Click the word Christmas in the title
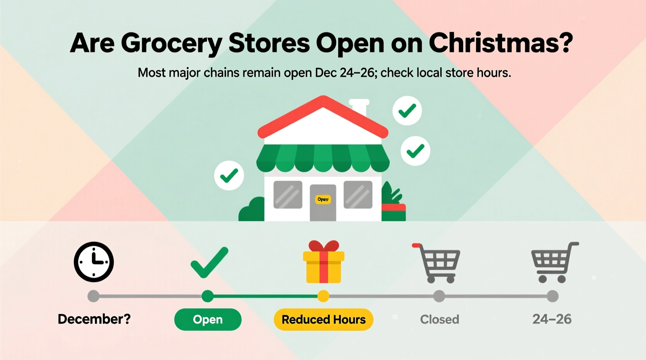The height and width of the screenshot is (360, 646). pos(501,43)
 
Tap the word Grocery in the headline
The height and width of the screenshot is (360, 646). pos(171,43)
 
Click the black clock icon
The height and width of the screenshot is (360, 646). pos(94,262)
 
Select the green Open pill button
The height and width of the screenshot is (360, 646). pos(208,319)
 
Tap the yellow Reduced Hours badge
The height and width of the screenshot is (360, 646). pos(323,319)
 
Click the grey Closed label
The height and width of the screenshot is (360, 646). pos(439,319)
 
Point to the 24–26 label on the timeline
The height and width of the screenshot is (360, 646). pos(552,319)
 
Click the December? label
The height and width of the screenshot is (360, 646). pos(94,319)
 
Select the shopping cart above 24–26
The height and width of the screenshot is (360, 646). pos(553,262)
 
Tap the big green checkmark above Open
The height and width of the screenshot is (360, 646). pos(209,263)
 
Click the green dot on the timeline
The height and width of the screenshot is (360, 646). pos(208,296)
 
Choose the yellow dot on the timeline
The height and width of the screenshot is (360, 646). pos(323,296)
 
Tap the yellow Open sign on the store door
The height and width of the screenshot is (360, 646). pos(323,199)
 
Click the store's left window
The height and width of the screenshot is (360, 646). pos(288,194)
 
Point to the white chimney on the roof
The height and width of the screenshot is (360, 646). pos(359,107)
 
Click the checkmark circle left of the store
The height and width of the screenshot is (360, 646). pos(229,175)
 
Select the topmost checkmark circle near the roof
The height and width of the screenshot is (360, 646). pos(407,111)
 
